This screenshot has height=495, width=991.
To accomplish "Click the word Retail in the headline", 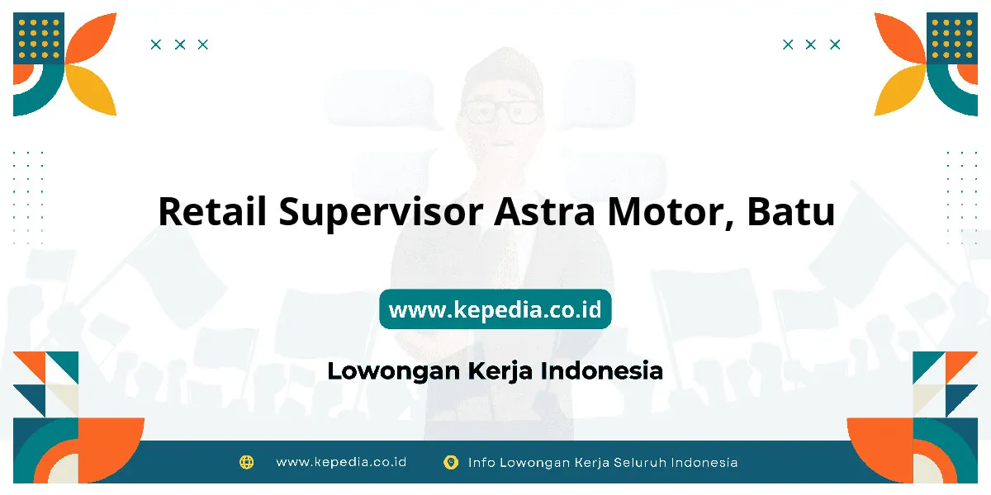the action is point(212,211).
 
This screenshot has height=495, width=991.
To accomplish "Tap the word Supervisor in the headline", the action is point(381,214).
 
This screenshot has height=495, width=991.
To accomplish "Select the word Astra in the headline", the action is point(544,211).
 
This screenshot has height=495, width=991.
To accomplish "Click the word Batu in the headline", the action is point(790,211).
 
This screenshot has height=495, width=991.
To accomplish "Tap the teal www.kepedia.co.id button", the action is point(495,309).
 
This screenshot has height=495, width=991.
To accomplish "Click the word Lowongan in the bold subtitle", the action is point(394,371).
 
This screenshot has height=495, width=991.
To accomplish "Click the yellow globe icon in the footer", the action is point(246,462).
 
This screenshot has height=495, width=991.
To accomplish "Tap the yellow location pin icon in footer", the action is point(450,462).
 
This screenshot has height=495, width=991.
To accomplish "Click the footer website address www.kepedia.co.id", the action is point(341,462).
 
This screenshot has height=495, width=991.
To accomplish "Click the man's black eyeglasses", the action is point(500,111).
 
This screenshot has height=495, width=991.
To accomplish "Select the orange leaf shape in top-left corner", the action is point(91,38).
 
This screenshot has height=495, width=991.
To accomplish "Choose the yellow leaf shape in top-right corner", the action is point(900,90).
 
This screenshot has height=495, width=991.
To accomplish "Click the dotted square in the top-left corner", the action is point(39,38).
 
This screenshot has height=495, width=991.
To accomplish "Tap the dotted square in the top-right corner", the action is point(952,38).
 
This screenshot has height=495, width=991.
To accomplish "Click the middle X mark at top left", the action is point(180,45).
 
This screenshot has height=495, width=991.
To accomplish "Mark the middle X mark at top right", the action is point(810,45).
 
